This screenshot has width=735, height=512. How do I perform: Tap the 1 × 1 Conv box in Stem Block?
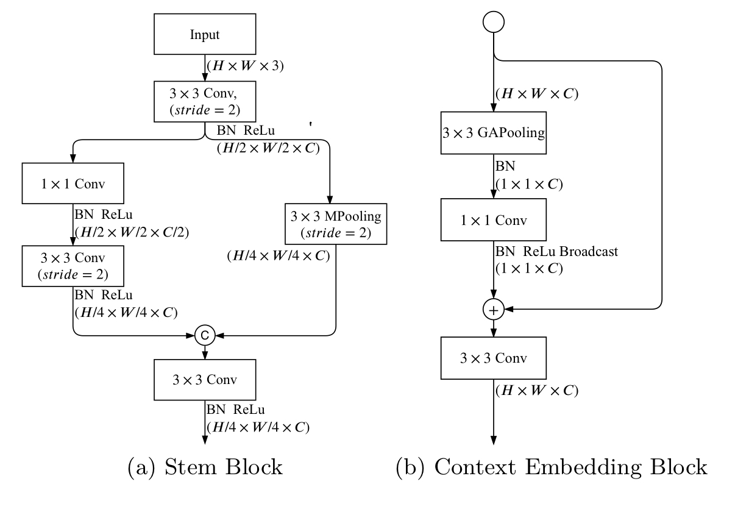(73, 183)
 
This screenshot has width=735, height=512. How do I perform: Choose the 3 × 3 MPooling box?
(335, 225)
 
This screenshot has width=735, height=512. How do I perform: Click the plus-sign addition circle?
(492, 310)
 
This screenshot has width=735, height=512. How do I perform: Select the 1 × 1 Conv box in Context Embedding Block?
(492, 220)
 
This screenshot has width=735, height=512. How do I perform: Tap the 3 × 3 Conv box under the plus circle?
(492, 357)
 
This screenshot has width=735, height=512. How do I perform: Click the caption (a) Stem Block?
(204, 468)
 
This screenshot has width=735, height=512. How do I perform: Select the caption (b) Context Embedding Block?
(552, 468)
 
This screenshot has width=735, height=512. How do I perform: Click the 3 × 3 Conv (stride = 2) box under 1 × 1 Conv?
(73, 266)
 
